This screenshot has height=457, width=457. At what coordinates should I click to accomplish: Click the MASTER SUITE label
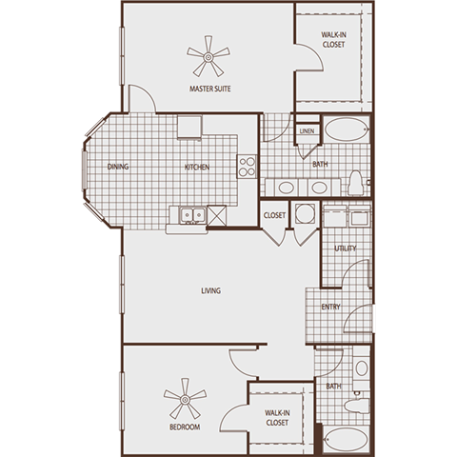pyautogui.click(x=211, y=90)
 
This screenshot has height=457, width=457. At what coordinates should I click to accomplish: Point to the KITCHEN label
pyautogui.click(x=197, y=168)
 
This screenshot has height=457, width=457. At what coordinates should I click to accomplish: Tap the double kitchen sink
pyautogui.click(x=189, y=215)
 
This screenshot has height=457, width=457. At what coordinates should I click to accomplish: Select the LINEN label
pyautogui.click(x=307, y=131)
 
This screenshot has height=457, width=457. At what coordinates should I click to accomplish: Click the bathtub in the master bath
pyautogui.click(x=344, y=130)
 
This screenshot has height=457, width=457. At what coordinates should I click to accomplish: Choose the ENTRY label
pyautogui.click(x=331, y=307)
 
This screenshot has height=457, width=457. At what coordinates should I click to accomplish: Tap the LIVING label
pyautogui.click(x=211, y=290)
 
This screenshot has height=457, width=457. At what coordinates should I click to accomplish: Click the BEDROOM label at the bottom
pyautogui.click(x=185, y=427)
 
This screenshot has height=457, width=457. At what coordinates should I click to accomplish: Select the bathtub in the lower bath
pyautogui.click(x=345, y=440)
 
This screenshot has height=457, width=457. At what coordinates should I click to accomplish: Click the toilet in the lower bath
pyautogui.click(x=360, y=404)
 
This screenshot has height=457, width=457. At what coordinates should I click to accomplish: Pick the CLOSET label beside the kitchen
pyautogui.click(x=275, y=215)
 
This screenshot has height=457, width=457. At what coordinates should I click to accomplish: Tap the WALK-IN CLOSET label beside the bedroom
pyautogui.click(x=277, y=416)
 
